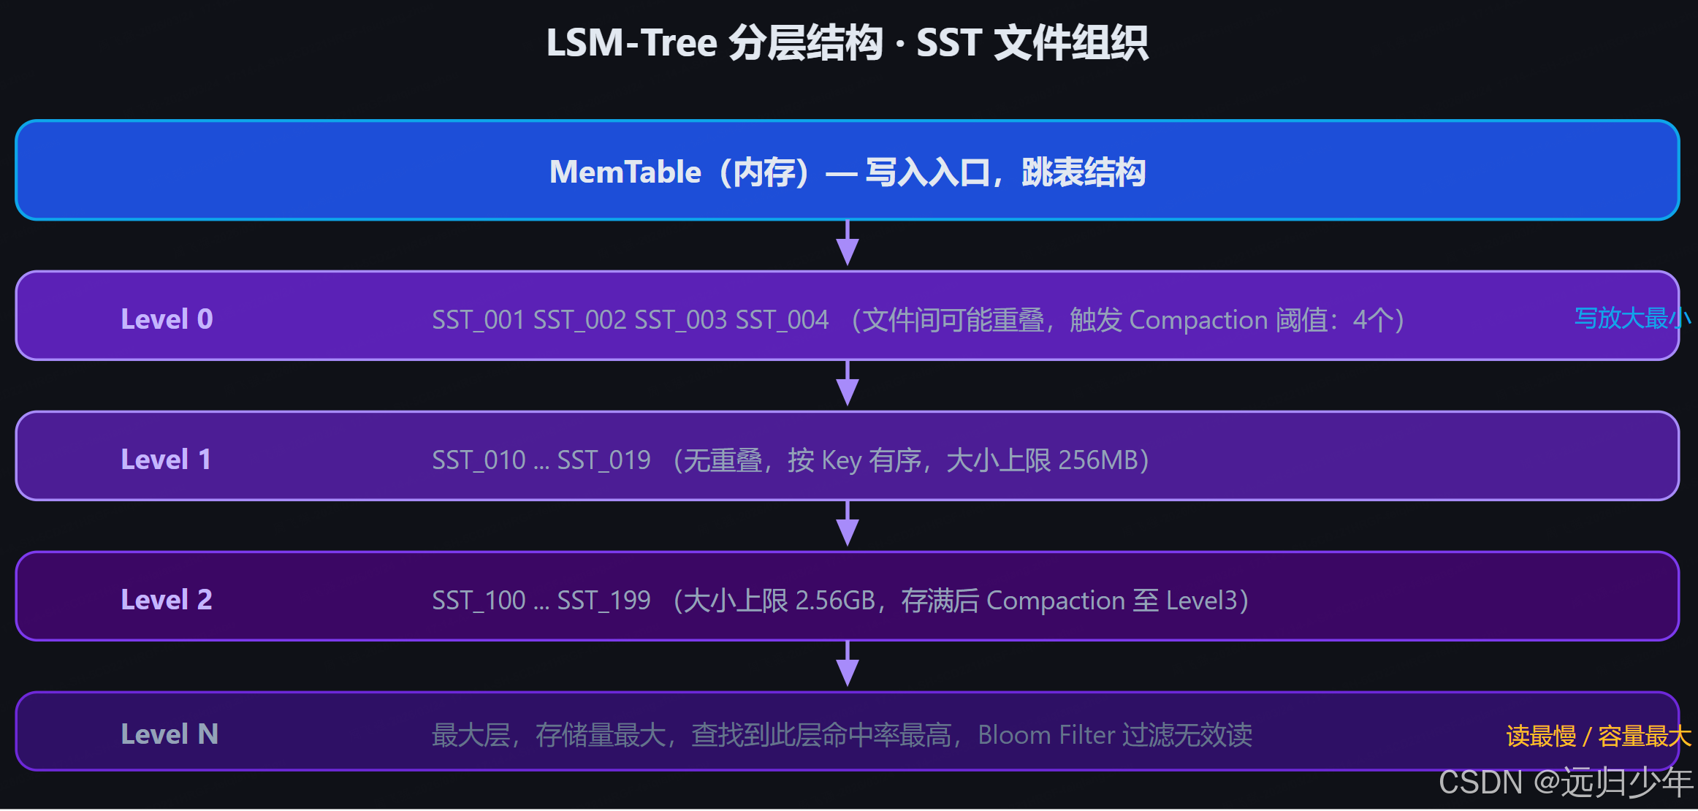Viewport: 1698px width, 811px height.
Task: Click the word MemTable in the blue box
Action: pos(625,172)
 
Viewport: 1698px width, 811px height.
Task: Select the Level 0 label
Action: pos(167,319)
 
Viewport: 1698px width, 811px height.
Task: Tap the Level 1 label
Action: pos(166,460)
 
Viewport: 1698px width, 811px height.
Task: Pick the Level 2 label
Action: pos(167,600)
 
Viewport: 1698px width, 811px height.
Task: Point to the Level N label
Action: pos(170,734)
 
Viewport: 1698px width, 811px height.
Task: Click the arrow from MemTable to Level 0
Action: pos(848,244)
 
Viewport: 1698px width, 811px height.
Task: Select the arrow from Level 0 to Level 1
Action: pos(848,384)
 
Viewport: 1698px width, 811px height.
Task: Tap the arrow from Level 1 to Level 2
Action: pos(848,525)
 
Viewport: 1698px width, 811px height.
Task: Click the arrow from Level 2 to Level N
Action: pos(848,665)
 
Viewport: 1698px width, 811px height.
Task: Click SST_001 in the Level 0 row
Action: pos(478,320)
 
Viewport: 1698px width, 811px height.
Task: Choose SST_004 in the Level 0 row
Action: pos(782,320)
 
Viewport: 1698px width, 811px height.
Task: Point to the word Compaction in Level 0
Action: pos(1198,320)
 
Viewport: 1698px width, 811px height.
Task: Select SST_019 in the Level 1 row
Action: pos(604,460)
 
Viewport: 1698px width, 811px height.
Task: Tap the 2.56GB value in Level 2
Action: pos(835,601)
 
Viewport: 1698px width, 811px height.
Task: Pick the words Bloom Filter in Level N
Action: pos(1046,735)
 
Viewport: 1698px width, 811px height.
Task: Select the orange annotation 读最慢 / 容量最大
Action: pos(1599,736)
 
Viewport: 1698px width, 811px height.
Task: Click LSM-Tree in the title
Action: pos(632,42)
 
